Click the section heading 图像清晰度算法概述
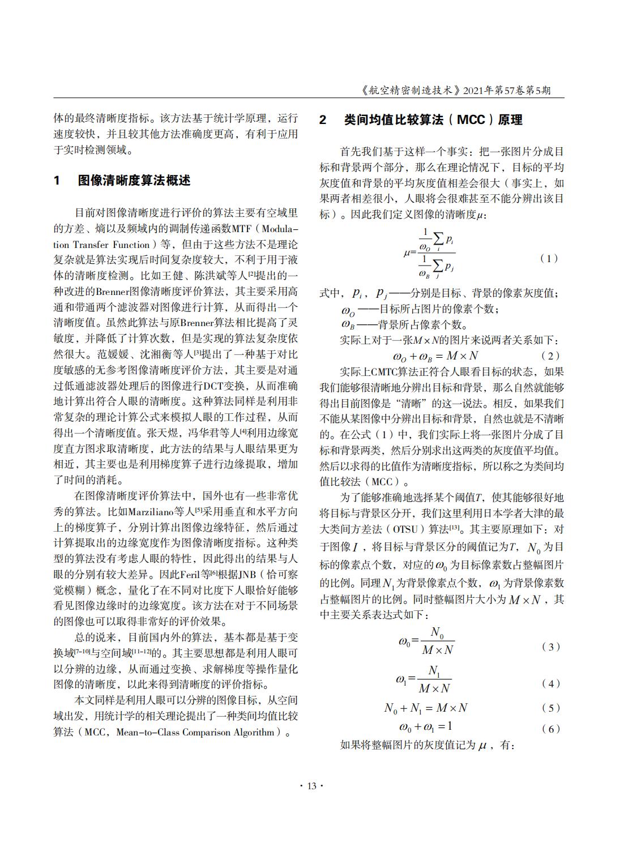(134, 181)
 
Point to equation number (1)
(549, 258)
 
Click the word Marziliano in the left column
(151, 512)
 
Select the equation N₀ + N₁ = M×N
(426, 708)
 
